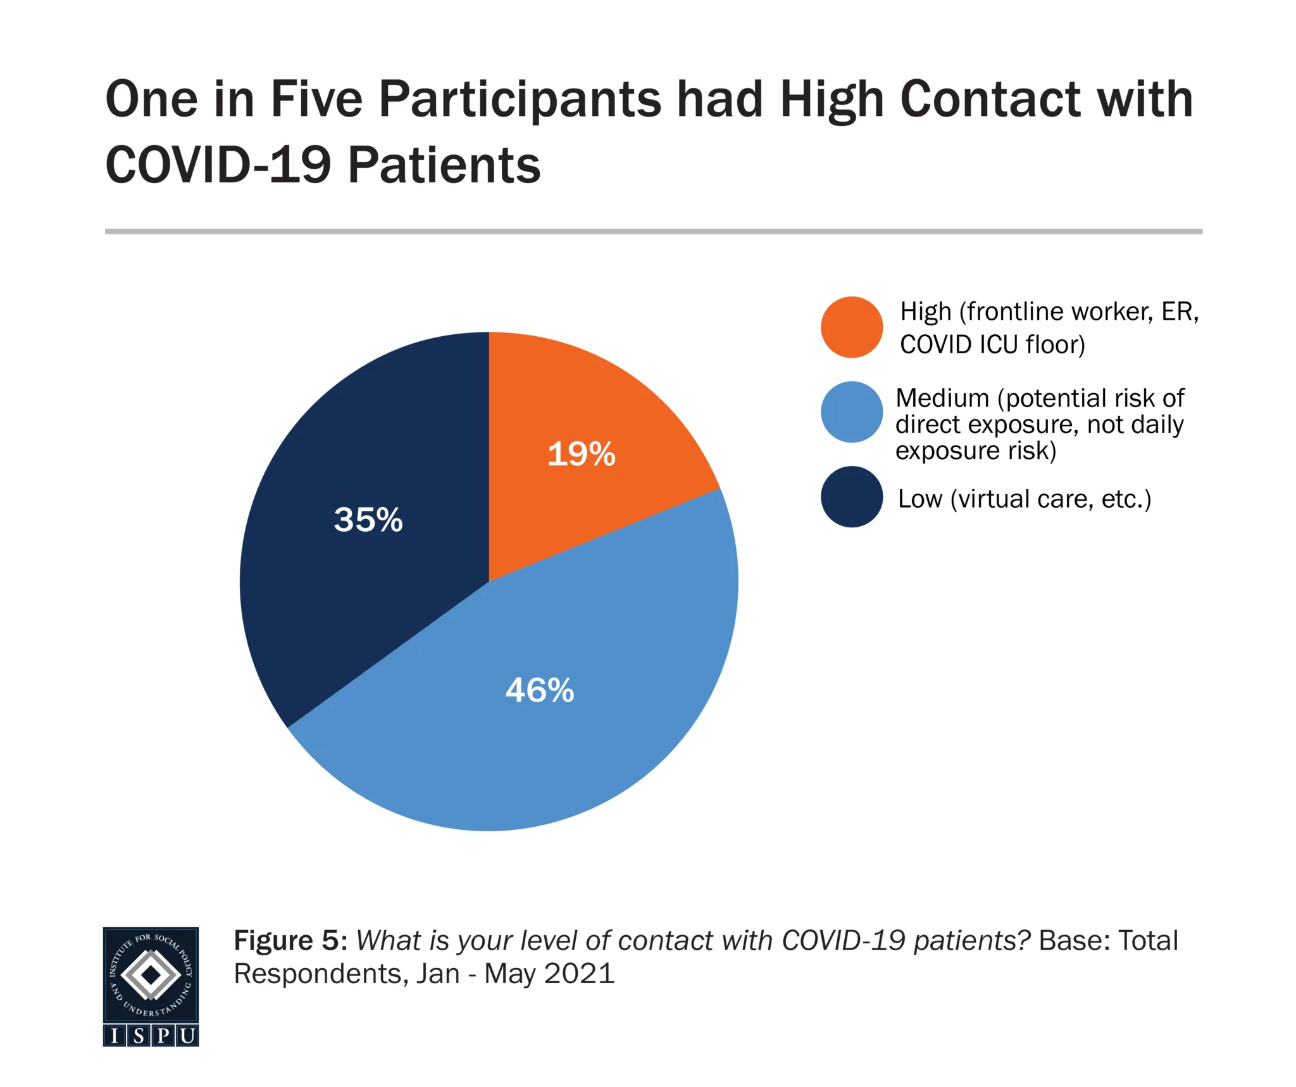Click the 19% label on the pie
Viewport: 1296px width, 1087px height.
(581, 454)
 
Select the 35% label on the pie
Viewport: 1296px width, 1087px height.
(368, 520)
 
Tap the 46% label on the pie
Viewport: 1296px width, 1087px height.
(539, 690)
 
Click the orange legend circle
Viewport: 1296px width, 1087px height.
(851, 327)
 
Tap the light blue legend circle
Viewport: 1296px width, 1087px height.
(851, 412)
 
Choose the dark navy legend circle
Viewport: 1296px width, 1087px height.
(851, 497)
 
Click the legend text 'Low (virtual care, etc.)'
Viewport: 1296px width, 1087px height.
(1024, 499)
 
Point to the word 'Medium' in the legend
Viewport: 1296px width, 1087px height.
(942, 398)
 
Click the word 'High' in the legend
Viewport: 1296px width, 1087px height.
(926, 311)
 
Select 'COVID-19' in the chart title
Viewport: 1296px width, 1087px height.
(218, 165)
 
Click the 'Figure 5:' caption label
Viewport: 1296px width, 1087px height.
(290, 941)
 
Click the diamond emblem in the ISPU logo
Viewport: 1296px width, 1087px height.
(151, 976)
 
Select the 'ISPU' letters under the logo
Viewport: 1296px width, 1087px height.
(151, 1036)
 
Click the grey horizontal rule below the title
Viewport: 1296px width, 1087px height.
(653, 232)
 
